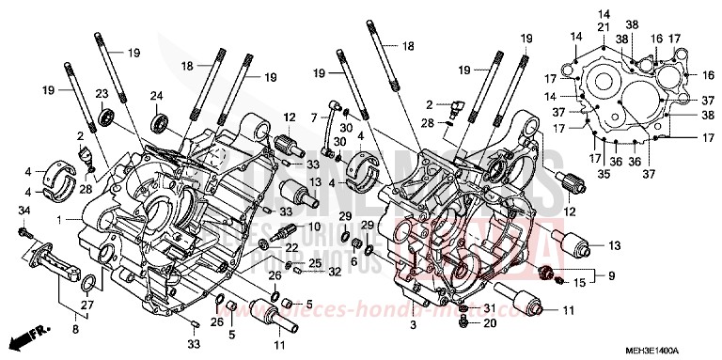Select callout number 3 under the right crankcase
(x=411, y=325)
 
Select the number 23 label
(x=102, y=93)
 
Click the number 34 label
(x=24, y=209)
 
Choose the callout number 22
(x=291, y=247)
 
